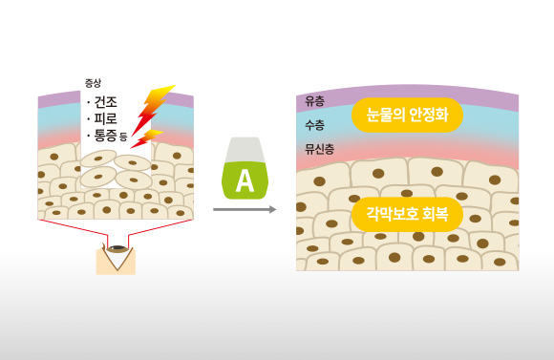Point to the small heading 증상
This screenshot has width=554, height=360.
click(93, 83)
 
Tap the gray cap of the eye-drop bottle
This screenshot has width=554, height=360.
click(245, 148)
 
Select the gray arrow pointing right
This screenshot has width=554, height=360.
click(245, 208)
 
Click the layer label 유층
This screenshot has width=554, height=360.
click(315, 101)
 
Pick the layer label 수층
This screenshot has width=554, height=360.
click(315, 125)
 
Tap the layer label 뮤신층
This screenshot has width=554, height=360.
click(320, 149)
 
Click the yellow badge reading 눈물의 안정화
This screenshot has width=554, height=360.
click(407, 115)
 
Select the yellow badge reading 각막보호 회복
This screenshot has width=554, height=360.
click(407, 212)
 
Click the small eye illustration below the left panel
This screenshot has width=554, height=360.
click(117, 250)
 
